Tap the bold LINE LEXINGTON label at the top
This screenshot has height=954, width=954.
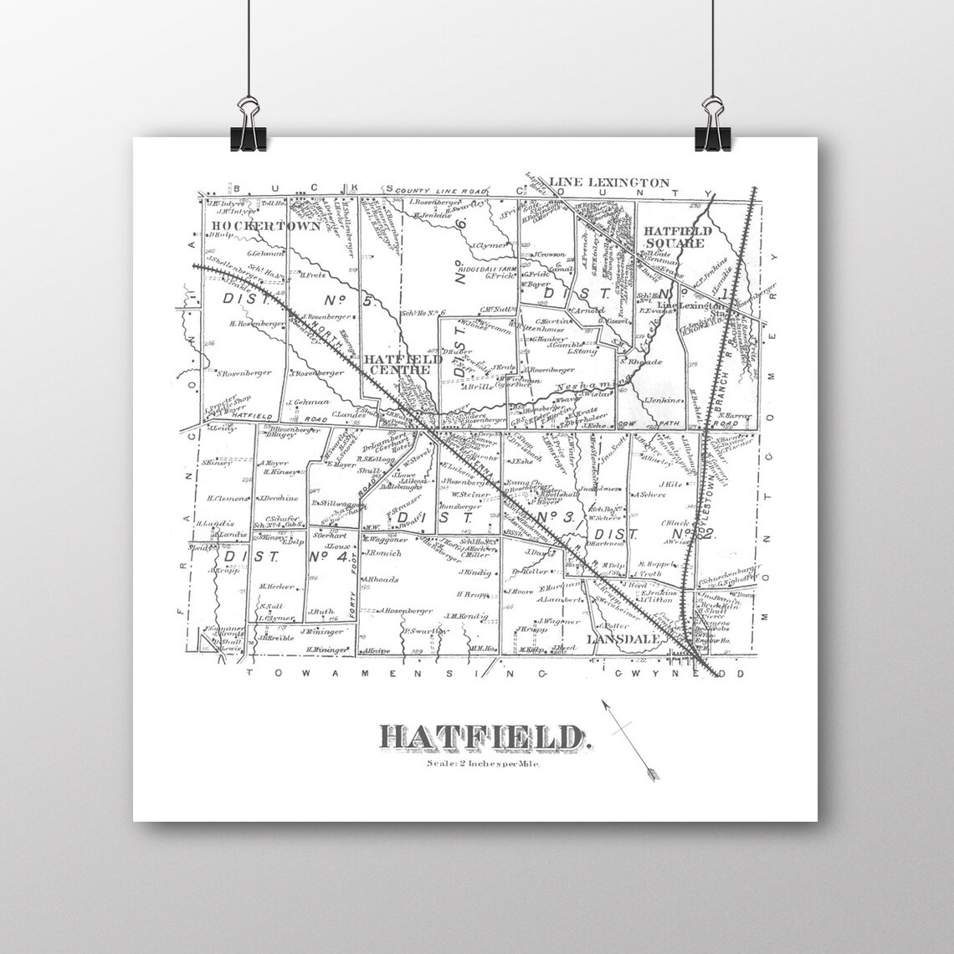point(608,182)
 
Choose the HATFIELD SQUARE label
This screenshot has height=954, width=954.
point(677,237)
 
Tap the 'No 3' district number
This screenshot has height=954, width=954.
point(553,520)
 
